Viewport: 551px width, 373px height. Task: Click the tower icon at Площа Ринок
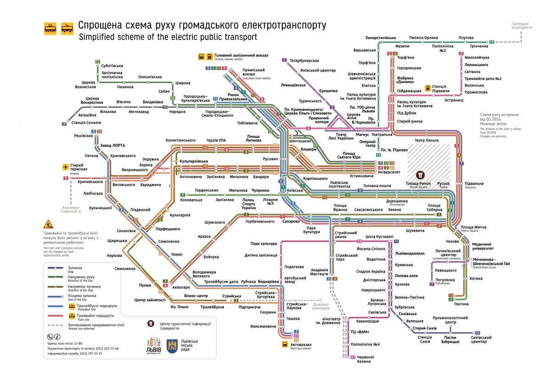[420, 175]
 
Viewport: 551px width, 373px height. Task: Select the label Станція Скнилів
[87, 123]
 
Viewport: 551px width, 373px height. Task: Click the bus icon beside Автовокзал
[285, 345]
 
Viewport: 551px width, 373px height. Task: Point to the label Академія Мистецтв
[320, 272]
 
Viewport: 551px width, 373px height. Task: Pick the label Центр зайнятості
[150, 300]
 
